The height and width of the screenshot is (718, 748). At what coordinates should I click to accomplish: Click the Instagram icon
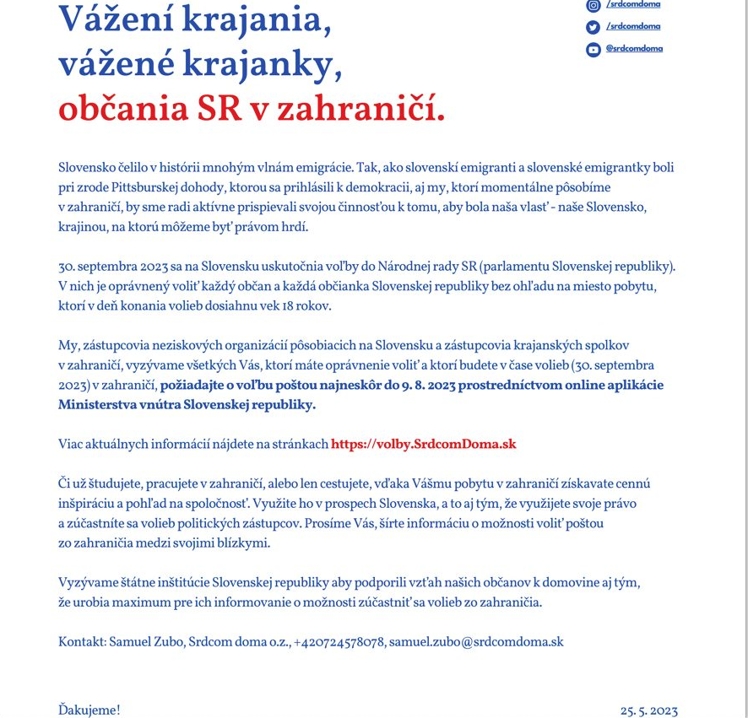coord(594,5)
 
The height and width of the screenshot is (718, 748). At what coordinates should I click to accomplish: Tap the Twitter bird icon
coord(594,27)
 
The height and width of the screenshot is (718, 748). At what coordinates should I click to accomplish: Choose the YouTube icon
coord(594,49)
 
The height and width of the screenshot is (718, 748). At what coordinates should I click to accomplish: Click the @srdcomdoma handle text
coord(634,48)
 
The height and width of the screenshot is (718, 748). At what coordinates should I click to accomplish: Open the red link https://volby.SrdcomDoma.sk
coord(423,444)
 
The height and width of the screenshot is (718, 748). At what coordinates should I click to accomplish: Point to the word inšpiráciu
coord(90,503)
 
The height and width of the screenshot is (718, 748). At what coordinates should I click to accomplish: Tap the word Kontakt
coord(82,642)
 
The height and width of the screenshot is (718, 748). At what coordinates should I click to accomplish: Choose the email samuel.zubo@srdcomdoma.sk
coord(476,642)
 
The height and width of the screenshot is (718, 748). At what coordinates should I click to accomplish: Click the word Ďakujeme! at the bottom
coord(89,710)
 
